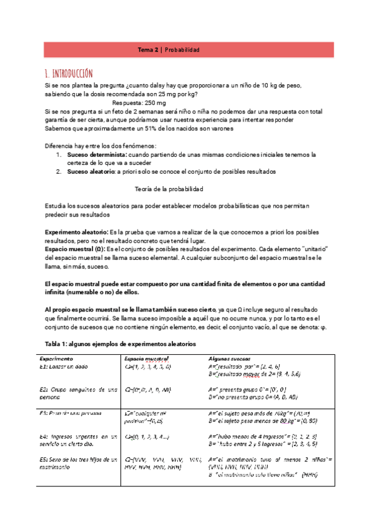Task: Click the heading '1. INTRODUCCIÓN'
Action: [69, 73]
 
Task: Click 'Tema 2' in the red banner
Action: [148, 50]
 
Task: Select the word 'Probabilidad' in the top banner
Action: [182, 50]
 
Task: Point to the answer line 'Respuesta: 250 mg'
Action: [139, 102]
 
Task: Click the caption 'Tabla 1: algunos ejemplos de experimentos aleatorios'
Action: [120, 343]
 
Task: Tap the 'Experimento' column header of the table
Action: [56, 359]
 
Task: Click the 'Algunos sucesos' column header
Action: [231, 359]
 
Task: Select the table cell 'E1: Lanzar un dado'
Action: [66, 367]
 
